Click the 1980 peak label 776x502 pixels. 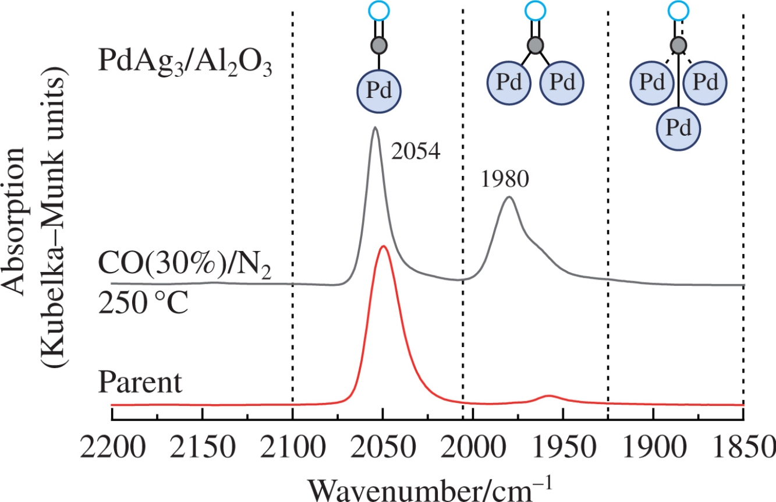(x=505, y=180)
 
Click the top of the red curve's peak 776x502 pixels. (x=383, y=246)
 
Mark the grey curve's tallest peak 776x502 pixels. (x=375, y=128)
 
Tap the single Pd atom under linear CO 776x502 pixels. (x=380, y=91)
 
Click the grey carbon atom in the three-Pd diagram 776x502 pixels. (x=678, y=45)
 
